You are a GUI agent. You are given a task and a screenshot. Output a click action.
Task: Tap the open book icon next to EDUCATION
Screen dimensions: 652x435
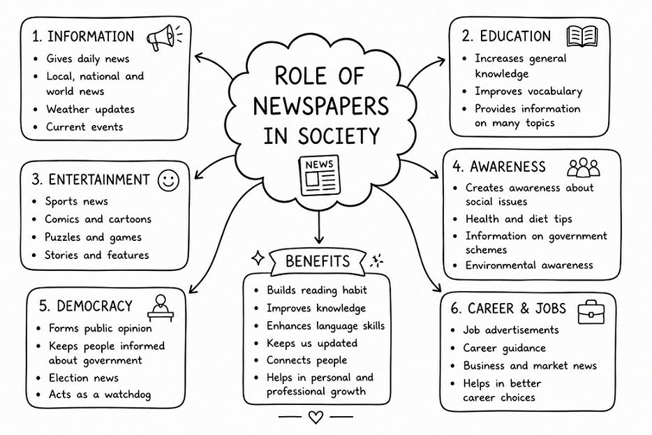(582, 36)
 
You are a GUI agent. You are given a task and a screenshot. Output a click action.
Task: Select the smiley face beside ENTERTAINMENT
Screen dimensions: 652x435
(168, 180)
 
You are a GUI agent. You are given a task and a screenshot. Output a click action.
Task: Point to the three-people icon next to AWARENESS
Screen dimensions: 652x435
(584, 168)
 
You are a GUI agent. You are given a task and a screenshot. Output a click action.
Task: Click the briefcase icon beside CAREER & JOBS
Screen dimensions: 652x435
(591, 312)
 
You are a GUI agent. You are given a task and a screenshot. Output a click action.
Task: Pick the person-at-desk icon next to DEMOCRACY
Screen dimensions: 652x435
(161, 308)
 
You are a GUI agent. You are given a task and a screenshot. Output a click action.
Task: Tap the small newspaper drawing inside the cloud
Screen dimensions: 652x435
(319, 175)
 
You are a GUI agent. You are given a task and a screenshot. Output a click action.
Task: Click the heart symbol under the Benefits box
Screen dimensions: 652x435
(316, 417)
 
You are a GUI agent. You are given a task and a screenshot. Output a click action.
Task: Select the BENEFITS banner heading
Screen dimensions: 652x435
(318, 261)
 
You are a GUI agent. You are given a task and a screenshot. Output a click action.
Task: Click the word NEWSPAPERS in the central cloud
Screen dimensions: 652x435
(320, 106)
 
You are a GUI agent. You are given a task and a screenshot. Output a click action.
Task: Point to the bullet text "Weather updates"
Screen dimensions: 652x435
(90, 110)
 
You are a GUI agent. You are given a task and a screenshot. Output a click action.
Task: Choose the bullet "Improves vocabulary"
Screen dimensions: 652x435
(528, 91)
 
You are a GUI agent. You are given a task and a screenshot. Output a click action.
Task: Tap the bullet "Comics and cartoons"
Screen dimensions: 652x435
(98, 219)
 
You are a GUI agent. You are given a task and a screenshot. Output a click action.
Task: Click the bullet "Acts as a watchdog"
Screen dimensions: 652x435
(100, 395)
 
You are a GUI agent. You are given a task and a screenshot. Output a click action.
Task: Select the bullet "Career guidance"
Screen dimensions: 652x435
(505, 348)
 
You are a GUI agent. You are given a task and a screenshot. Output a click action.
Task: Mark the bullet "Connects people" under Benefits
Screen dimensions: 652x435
(307, 360)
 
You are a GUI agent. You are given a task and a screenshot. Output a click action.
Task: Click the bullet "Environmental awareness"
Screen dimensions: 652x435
(529, 265)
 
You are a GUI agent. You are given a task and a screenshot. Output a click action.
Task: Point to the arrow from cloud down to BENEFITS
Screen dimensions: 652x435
(319, 227)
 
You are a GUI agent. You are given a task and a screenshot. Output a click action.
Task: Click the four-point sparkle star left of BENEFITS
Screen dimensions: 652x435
(258, 258)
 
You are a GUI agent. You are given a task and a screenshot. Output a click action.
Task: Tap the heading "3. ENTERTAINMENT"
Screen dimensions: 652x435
(90, 179)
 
